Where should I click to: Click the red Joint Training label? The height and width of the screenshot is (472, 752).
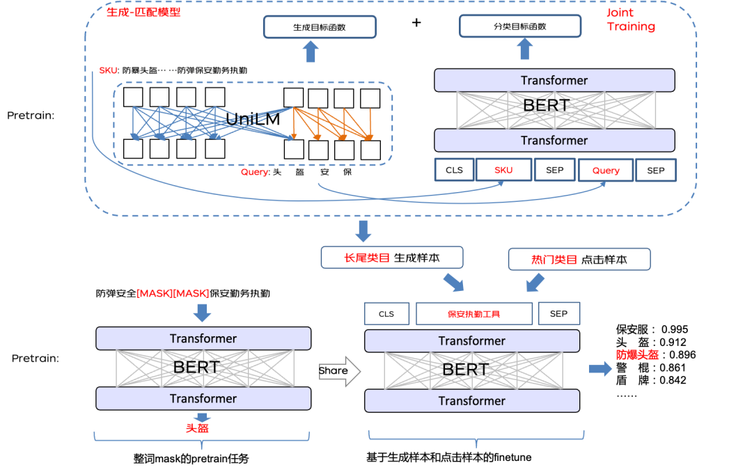click(x=630, y=19)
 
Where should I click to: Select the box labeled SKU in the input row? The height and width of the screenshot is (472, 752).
click(x=503, y=170)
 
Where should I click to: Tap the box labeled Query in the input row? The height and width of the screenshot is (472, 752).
click(x=605, y=170)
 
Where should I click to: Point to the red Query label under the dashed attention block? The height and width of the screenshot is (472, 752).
click(x=254, y=172)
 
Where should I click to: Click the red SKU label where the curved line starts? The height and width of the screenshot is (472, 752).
click(x=108, y=70)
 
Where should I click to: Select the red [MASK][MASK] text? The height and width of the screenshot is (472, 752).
click(x=173, y=293)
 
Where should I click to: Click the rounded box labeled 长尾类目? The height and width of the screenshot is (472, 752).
click(x=391, y=258)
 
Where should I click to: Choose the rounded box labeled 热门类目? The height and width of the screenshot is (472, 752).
click(x=579, y=260)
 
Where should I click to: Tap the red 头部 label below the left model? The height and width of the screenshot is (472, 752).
click(x=197, y=428)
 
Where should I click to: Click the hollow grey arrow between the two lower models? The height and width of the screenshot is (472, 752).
click(x=340, y=371)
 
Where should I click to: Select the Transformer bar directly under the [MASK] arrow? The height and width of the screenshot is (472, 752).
click(x=203, y=339)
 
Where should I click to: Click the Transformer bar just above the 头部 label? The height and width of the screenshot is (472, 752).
click(x=203, y=399)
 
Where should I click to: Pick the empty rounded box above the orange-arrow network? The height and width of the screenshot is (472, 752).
click(x=320, y=26)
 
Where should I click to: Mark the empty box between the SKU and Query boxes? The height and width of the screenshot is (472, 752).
click(x=554, y=170)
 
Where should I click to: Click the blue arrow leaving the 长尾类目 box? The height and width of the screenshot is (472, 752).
click(x=453, y=282)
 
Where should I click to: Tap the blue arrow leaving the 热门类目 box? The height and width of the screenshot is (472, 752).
click(x=535, y=282)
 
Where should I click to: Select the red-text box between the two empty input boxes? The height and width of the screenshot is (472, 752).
click(x=474, y=314)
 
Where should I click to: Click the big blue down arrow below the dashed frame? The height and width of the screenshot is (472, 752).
click(x=363, y=230)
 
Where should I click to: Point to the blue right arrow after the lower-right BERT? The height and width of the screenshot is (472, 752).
click(x=600, y=369)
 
